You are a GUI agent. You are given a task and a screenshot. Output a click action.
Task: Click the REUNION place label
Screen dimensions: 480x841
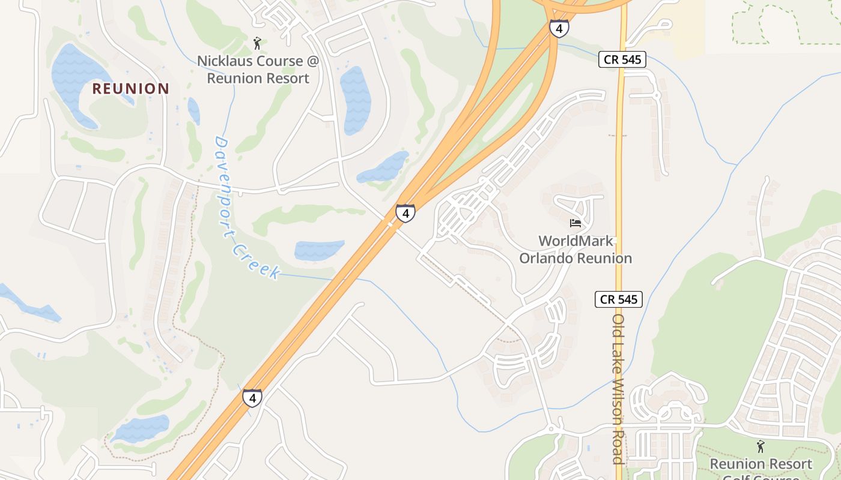coord(130,89)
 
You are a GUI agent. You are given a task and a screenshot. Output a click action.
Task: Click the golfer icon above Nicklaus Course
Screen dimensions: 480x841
coord(257,43)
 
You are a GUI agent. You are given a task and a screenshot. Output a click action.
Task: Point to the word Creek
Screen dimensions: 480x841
coord(257,260)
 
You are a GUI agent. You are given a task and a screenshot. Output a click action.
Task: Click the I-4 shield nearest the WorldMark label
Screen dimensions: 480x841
coord(405,212)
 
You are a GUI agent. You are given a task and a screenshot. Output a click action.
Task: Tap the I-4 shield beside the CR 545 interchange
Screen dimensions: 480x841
coord(559,28)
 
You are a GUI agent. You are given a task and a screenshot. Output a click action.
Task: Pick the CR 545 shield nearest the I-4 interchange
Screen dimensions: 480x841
coord(622,59)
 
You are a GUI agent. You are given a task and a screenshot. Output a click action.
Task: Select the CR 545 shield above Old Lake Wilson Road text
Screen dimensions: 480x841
coord(619,299)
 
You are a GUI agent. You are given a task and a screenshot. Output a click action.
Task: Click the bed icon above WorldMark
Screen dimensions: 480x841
coord(575,223)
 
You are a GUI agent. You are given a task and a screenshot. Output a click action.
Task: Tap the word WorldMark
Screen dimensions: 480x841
coord(575,241)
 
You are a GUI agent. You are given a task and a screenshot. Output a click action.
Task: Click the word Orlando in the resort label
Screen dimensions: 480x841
coord(546,259)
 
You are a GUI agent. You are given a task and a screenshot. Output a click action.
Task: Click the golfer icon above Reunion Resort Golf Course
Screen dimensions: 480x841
coord(761,446)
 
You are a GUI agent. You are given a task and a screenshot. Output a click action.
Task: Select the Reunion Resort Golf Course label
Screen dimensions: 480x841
coord(761,464)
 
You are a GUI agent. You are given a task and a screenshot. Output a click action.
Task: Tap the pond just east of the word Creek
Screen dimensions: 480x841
coord(319,250)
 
